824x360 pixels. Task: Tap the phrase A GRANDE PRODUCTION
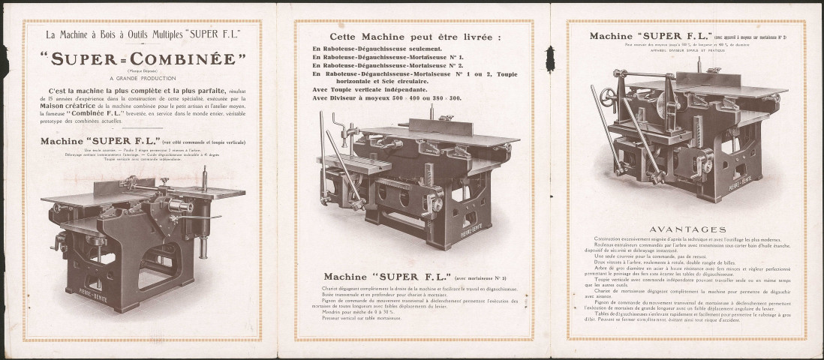pyautogui.click(x=143, y=77)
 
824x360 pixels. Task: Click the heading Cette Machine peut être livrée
pyautogui.click(x=416, y=36)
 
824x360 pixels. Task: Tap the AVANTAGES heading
pyautogui.click(x=687, y=229)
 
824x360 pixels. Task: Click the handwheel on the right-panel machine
pyautogui.click(x=620, y=75)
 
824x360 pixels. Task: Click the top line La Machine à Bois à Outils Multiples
pyautogui.click(x=143, y=34)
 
